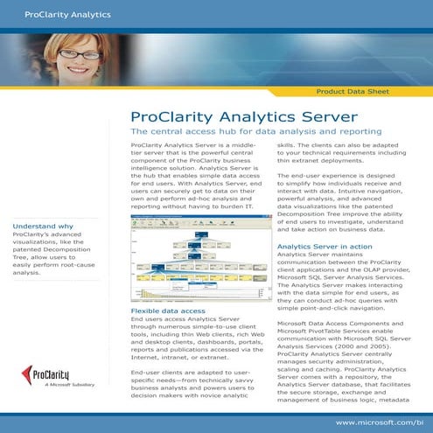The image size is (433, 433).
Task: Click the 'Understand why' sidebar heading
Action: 42,227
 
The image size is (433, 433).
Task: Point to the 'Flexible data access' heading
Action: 168,311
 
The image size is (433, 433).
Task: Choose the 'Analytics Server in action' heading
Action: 325,248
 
